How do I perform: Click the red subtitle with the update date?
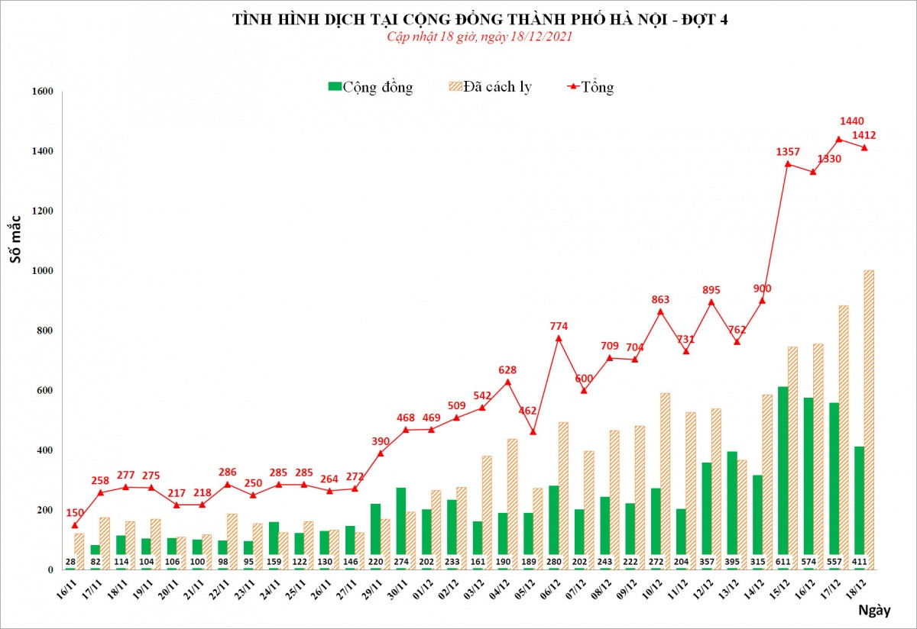[x=480, y=37]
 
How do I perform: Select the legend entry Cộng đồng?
[x=371, y=87]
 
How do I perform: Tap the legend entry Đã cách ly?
[x=489, y=87]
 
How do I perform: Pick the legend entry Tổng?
[x=590, y=87]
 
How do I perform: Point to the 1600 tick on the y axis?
[x=42, y=92]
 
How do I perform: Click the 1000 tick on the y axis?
[x=42, y=271]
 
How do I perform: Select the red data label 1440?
[x=851, y=121]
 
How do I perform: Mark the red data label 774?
[x=560, y=326]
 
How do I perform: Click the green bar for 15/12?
[x=783, y=473]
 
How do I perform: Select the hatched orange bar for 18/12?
[x=869, y=420]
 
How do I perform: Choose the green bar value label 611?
[x=783, y=563]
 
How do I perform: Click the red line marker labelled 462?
[x=533, y=432]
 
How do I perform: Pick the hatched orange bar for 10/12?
[x=666, y=477]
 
